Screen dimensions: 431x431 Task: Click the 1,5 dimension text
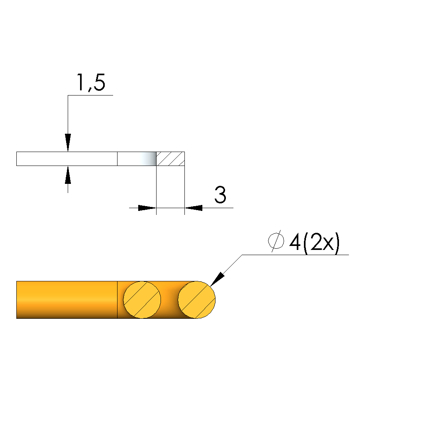90,82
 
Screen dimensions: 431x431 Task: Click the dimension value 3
220,195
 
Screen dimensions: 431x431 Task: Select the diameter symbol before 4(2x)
276,241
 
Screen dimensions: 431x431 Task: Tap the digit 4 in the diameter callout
295,242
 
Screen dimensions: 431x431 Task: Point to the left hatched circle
142,300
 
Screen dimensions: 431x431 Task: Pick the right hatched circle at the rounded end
197,300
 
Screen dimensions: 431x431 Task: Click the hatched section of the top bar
170,159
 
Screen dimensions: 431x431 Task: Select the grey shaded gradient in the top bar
147,159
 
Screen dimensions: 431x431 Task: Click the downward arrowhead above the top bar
68,142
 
